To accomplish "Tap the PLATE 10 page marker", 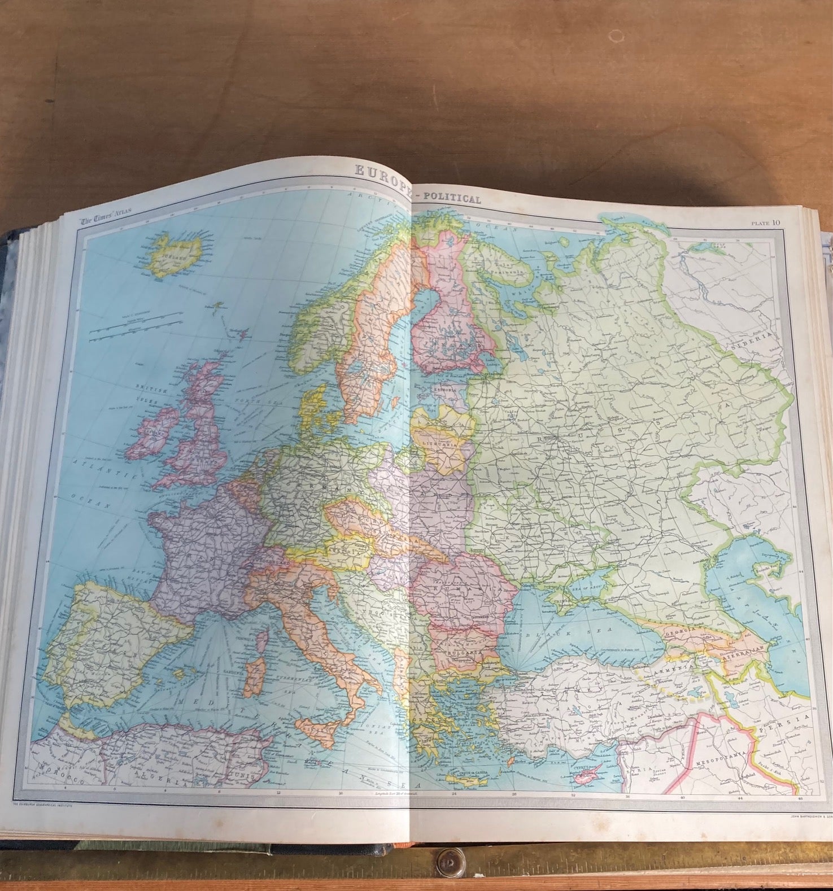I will click(x=766, y=222).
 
